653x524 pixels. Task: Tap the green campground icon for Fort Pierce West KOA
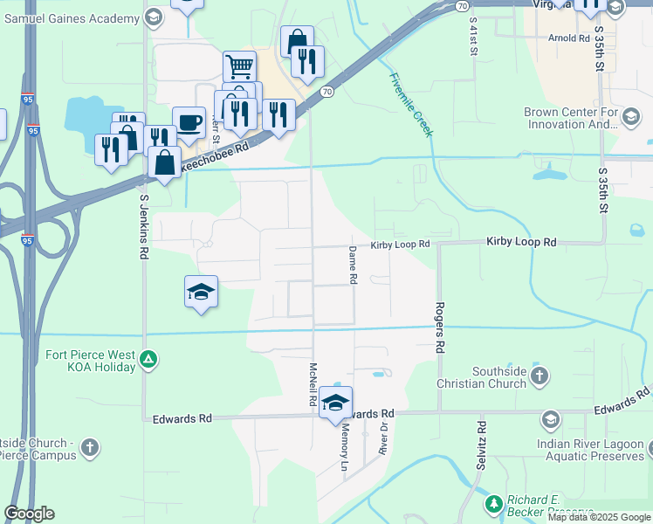pos(149,358)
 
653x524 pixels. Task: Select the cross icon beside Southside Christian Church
pos(540,376)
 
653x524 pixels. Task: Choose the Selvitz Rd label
pos(481,445)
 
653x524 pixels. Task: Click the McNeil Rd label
pos(312,384)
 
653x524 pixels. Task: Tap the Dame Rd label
pos(354,265)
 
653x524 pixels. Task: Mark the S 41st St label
pos(473,36)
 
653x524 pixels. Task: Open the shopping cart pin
pos(239,65)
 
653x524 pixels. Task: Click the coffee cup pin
pos(189,121)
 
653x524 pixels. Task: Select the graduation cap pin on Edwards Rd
pos(335,403)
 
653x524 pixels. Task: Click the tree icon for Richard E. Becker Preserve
pos(493,505)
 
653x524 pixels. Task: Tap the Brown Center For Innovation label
pos(570,118)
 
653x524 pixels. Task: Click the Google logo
pos(29,514)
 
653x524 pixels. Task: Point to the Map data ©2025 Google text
pos(598,517)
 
